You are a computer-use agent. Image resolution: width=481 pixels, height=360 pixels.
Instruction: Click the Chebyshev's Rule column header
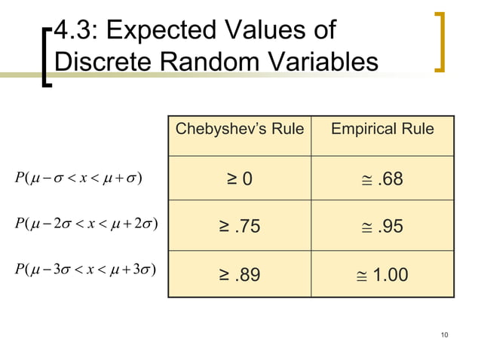pyautogui.click(x=239, y=129)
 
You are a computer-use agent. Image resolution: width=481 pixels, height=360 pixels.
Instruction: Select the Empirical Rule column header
pyautogui.click(x=383, y=129)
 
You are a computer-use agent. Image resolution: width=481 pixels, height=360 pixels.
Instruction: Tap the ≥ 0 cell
pyautogui.click(x=240, y=179)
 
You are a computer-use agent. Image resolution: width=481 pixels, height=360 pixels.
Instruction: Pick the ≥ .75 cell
pyautogui.click(x=240, y=226)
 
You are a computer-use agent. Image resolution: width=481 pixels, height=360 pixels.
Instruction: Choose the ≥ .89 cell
pyautogui.click(x=240, y=275)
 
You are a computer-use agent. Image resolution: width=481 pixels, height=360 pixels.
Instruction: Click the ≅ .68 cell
pyautogui.click(x=383, y=179)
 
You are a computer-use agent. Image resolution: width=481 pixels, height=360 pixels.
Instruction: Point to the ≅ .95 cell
pyautogui.click(x=383, y=226)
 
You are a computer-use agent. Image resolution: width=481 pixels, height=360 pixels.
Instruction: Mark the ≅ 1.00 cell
pyautogui.click(x=383, y=275)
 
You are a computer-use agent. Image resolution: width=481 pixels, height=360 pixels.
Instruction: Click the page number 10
pyautogui.click(x=443, y=334)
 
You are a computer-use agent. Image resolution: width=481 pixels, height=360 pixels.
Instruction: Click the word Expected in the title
pyautogui.click(x=152, y=32)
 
